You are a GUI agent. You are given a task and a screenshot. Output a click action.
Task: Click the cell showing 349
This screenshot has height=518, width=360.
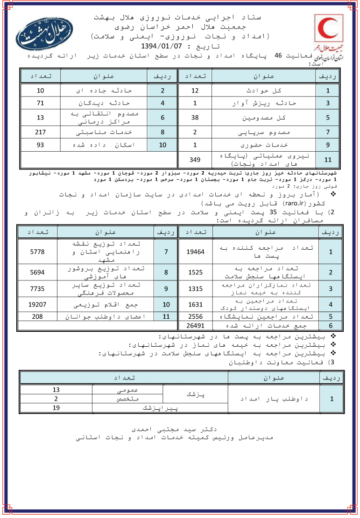(x=195, y=160)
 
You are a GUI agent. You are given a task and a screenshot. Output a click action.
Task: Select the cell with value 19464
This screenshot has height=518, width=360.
(x=195, y=252)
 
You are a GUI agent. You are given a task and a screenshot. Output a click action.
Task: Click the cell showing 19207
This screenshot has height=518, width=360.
(x=37, y=305)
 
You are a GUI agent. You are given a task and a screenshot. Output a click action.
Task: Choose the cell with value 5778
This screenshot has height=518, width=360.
(x=37, y=252)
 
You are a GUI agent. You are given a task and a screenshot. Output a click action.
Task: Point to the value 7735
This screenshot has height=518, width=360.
(x=37, y=288)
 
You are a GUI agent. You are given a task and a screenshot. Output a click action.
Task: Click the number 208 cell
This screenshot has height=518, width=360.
(x=37, y=316)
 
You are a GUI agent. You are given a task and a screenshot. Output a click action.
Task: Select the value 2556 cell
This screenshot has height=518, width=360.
(x=195, y=316)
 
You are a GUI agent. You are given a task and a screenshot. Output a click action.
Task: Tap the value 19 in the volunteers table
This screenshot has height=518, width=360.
(x=56, y=407)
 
